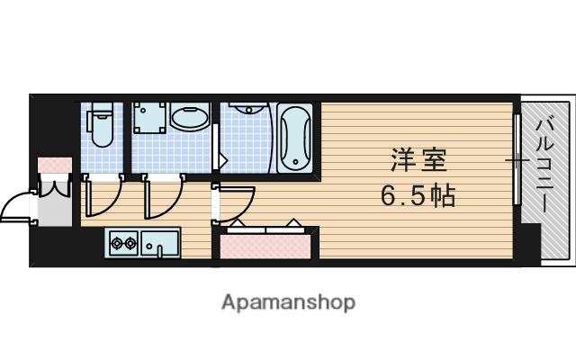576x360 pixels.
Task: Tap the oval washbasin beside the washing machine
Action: [189, 121]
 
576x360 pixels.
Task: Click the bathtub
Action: [294, 137]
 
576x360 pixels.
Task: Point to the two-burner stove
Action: [122, 241]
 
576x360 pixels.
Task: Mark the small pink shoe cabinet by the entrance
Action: [54, 166]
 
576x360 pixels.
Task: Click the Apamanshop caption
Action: [288, 302]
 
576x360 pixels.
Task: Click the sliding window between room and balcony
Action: [517, 162]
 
